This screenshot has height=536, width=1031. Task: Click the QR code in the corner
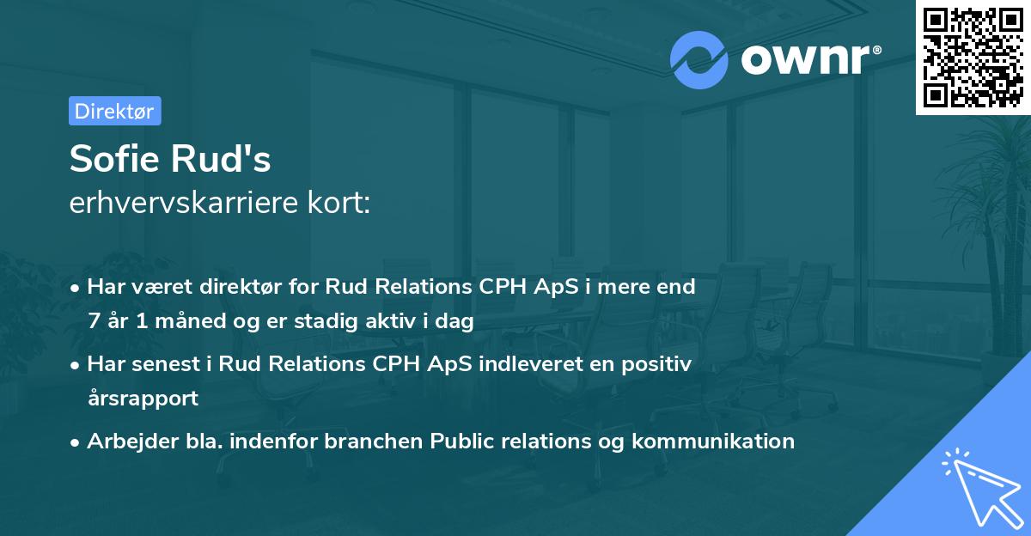click(x=973, y=58)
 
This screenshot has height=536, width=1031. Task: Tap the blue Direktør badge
click(x=114, y=111)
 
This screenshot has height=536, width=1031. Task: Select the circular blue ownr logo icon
click(x=699, y=58)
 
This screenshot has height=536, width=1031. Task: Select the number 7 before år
click(x=93, y=321)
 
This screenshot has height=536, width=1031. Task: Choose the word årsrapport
click(x=143, y=399)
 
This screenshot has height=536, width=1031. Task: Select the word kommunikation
click(x=713, y=442)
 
